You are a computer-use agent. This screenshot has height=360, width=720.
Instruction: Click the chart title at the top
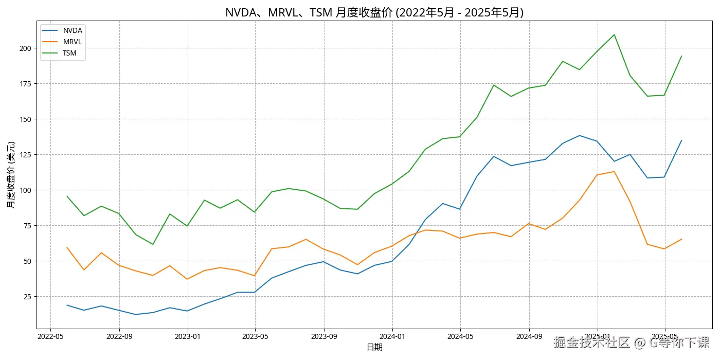374,12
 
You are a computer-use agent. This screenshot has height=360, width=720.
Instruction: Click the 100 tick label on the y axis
25,190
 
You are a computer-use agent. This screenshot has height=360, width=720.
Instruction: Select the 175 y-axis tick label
25,84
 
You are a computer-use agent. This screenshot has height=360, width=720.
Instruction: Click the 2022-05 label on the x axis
50,336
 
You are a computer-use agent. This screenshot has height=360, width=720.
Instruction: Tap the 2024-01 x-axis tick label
392,336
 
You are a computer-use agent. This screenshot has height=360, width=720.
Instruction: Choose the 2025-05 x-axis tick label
664,336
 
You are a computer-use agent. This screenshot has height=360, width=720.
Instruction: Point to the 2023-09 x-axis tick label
323,336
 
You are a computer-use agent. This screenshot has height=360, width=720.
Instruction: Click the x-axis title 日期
374,348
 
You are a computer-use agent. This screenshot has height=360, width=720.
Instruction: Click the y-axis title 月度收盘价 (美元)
11,175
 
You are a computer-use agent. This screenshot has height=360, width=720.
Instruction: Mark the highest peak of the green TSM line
614,35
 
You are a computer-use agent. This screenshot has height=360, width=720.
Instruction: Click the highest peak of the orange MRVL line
614,171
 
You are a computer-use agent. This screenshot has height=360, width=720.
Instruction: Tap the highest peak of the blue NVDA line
580,136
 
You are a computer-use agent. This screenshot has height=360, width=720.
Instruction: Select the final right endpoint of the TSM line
681,56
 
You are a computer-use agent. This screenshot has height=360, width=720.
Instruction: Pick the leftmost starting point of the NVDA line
67,305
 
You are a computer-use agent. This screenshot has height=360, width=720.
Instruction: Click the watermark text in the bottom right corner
631,343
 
